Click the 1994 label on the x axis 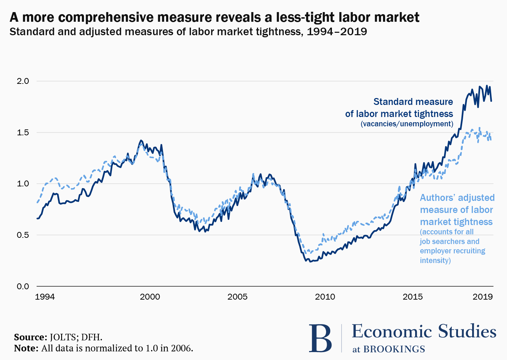coord(45,297)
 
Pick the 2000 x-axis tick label coord(150,297)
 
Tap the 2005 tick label coord(238,297)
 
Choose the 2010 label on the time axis coord(325,297)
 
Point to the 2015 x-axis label coord(413,297)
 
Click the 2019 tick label coord(482,297)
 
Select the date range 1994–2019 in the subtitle coord(337,32)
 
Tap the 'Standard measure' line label coord(413,102)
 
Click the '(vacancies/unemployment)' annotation coord(407,124)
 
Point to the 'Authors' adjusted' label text coord(457,198)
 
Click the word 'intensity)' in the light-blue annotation coord(435,260)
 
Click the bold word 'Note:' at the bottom coord(26,348)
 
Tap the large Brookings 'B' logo coord(320,338)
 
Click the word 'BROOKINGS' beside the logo coord(394,349)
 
